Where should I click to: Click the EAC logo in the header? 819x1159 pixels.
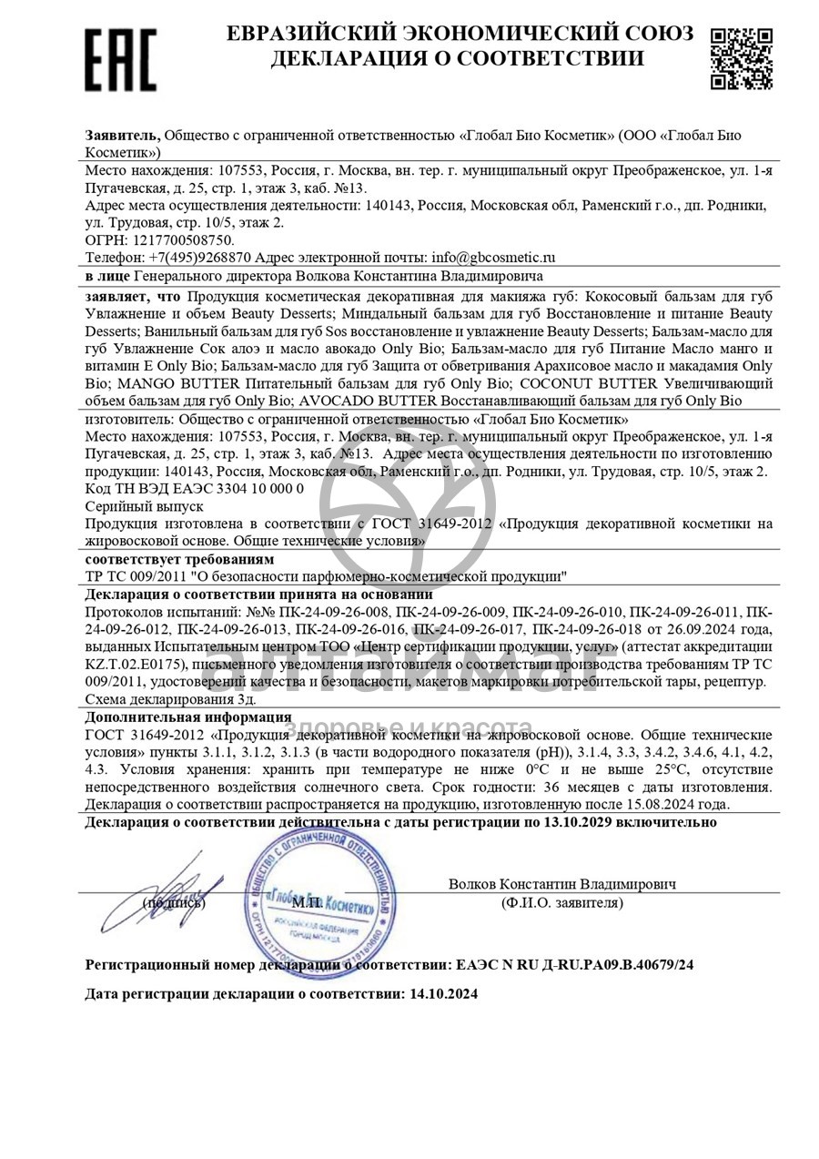[x=120, y=60]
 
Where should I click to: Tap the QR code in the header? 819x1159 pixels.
[x=741, y=57]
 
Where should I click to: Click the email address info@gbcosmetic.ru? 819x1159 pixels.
[x=493, y=258]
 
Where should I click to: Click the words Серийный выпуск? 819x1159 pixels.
[x=144, y=506]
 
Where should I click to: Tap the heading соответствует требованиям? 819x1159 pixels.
[x=179, y=559]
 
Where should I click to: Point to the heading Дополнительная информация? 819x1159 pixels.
[x=188, y=717]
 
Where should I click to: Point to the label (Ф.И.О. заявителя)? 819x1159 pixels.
[x=561, y=903]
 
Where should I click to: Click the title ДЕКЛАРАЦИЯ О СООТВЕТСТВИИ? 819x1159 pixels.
[x=457, y=59]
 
